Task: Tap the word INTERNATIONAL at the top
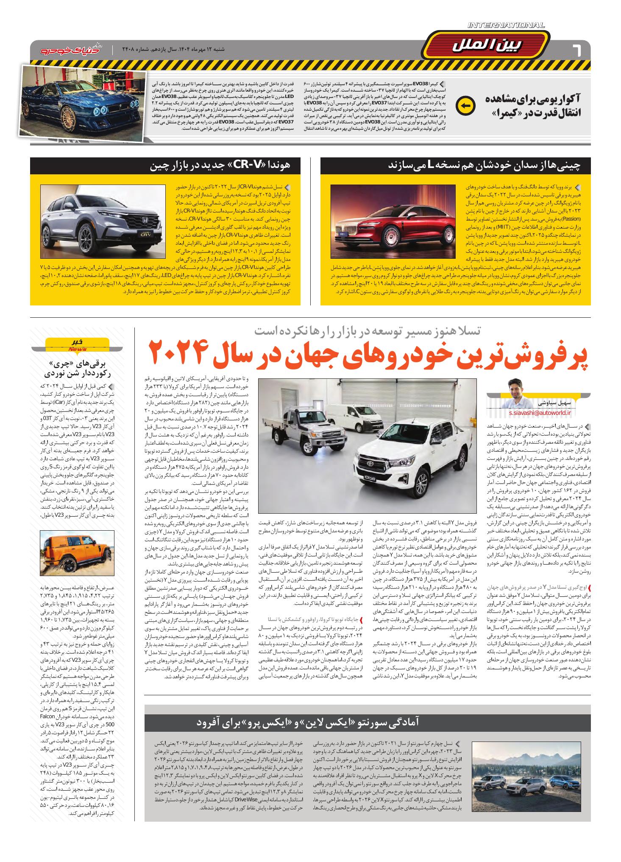coord(506,26)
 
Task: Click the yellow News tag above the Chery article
coord(77,346)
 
